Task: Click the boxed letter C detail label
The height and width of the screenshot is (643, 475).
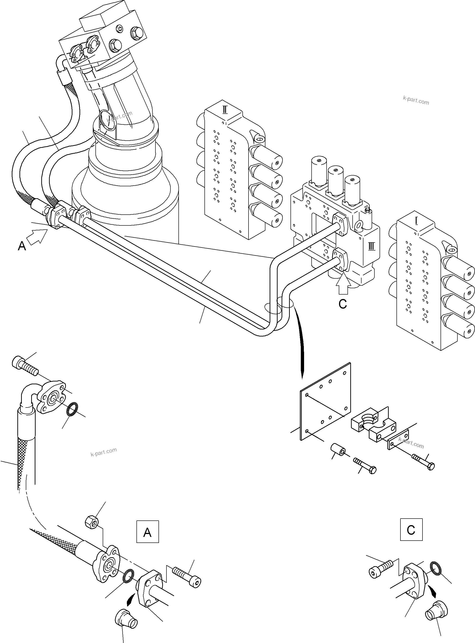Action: (x=411, y=530)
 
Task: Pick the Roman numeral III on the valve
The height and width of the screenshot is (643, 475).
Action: (x=371, y=246)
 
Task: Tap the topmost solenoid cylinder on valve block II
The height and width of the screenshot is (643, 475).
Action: (x=266, y=155)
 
